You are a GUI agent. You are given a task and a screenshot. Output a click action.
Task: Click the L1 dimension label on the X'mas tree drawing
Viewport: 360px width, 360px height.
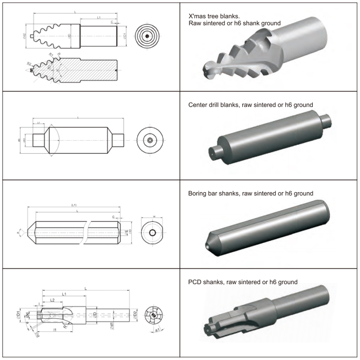pos(99,18)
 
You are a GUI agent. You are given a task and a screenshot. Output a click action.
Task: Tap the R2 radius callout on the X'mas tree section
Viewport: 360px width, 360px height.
pos(29,64)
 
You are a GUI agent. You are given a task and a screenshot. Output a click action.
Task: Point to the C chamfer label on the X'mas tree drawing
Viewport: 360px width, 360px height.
pos(112,21)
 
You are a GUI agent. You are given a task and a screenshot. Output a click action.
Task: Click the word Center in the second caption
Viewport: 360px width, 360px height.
pos(198,105)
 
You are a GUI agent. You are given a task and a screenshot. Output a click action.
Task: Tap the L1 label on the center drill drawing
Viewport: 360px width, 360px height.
pos(38,123)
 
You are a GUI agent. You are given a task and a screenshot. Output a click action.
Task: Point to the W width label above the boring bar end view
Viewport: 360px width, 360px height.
pos(154,216)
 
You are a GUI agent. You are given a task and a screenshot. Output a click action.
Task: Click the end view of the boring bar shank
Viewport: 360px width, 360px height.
pos(153,231)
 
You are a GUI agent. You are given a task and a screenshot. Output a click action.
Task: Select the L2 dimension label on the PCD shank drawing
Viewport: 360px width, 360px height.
pos(53,300)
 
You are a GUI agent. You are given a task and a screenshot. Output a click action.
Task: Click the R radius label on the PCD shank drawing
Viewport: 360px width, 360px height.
pos(66,326)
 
